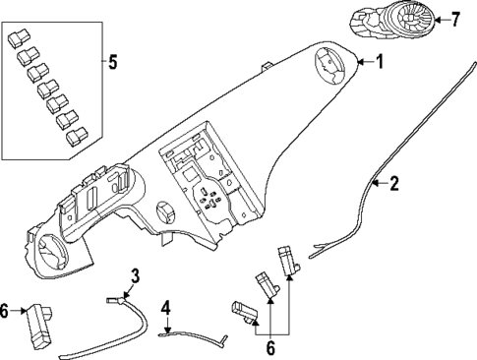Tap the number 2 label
click(x=394, y=183)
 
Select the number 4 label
click(x=166, y=308)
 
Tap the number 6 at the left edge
click(x=6, y=311)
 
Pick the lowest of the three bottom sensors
click(x=246, y=311)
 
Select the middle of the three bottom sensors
click(x=266, y=284)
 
